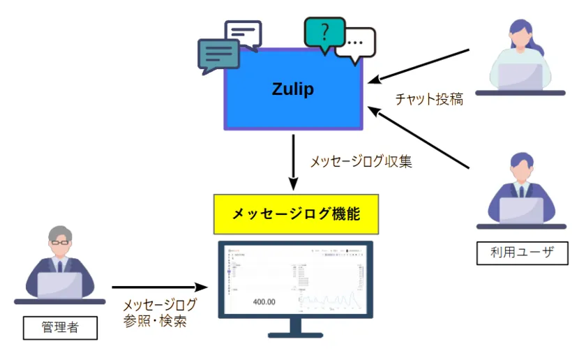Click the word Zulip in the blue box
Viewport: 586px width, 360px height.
293,89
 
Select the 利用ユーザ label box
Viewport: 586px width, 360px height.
522,253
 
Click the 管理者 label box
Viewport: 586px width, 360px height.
60,327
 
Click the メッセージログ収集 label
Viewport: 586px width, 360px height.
361,162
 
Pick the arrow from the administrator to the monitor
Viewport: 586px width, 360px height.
160,287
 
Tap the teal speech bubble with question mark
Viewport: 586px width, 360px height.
324,33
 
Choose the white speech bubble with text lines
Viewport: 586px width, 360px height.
242,33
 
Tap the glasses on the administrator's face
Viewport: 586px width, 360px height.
59,242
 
